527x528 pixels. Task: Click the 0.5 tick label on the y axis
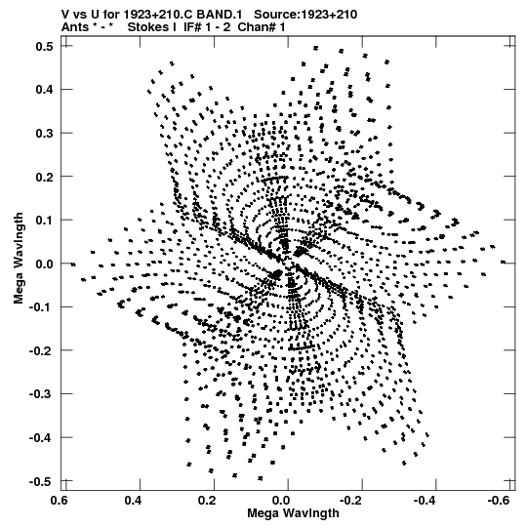44,46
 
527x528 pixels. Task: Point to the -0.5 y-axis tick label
41,481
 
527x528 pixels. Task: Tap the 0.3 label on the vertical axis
44,133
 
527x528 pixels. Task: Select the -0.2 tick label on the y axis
41,351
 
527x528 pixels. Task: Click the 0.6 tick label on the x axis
59,501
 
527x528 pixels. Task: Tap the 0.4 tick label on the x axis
133,501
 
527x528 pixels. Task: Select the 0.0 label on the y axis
44,264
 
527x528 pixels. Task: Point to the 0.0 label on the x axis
281,501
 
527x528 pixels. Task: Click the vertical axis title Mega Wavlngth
19,259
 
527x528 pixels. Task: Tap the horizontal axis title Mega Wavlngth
293,513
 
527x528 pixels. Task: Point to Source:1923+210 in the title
305,15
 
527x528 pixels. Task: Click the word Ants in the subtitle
75,27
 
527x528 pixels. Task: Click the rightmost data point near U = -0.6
504,262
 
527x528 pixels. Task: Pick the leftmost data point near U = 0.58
73,264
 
